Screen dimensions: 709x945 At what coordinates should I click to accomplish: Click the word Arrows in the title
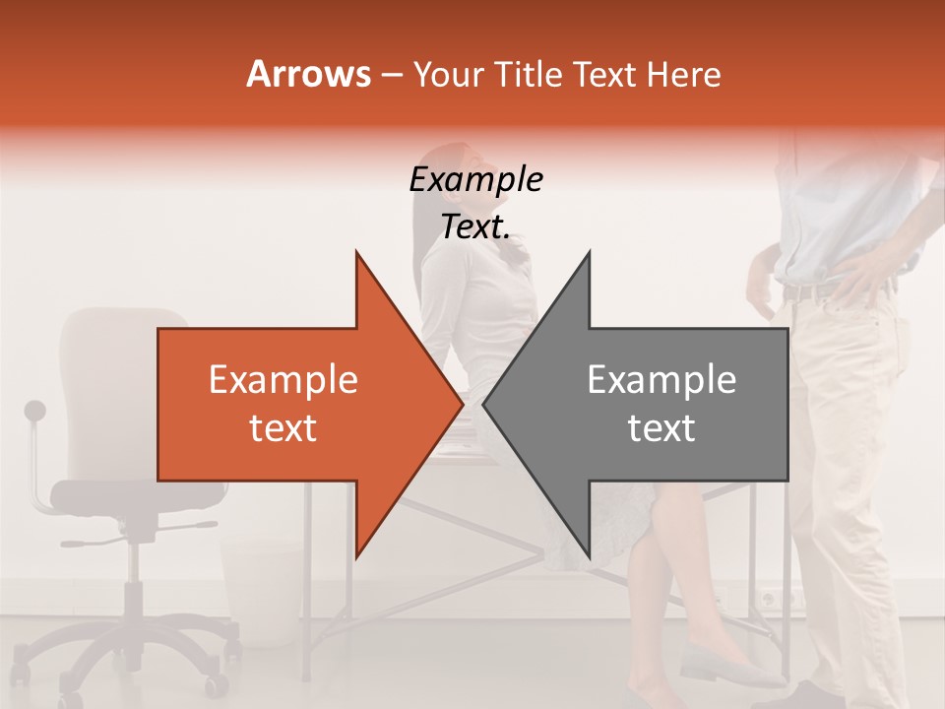click(x=308, y=74)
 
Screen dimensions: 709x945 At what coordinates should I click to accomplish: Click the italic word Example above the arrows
click(x=475, y=180)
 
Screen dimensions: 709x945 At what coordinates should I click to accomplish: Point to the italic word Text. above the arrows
click(x=475, y=227)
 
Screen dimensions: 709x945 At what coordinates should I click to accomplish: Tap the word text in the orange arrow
click(x=283, y=428)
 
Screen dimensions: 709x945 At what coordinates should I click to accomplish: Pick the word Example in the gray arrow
click(x=661, y=380)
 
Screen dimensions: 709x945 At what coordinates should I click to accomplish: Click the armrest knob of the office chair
click(x=35, y=409)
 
